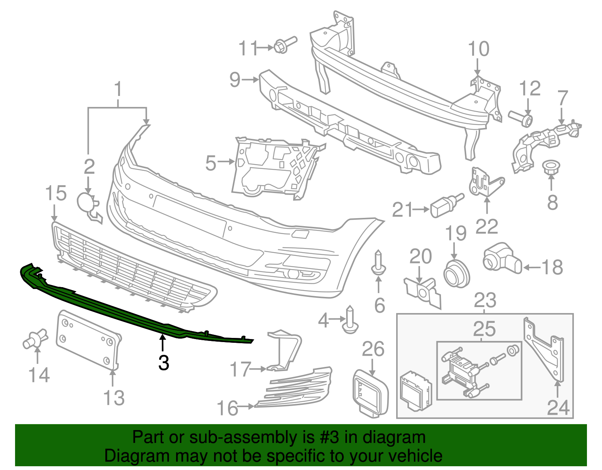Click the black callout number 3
pyautogui.click(x=164, y=363)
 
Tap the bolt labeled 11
pyautogui.click(x=284, y=45)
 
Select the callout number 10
pyautogui.click(x=479, y=49)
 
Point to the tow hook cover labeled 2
pyautogui.click(x=87, y=203)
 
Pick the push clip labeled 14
pyautogui.click(x=35, y=338)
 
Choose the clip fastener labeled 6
pyautogui.click(x=378, y=263)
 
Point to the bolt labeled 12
pyautogui.click(x=521, y=118)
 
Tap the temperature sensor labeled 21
pyautogui.click(x=446, y=205)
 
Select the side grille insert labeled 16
pyautogui.click(x=297, y=388)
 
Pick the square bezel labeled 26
pyautogui.click(x=370, y=393)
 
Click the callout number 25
pyautogui.click(x=484, y=329)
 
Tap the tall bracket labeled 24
pyautogui.click(x=546, y=350)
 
